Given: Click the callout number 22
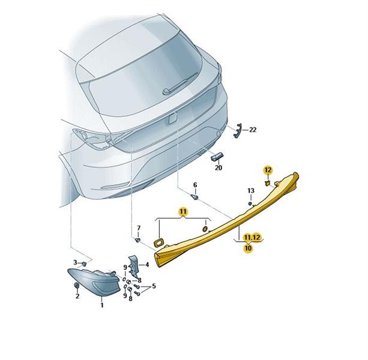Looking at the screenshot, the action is click(253, 130).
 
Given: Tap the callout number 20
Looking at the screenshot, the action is click(219, 167).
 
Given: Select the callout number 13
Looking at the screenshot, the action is click(251, 191).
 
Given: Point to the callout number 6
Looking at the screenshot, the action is click(195, 185).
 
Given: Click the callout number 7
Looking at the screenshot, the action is click(139, 228).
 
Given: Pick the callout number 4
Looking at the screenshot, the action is click(147, 265).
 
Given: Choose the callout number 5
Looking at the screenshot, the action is click(154, 286).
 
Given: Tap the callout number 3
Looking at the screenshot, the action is click(75, 262).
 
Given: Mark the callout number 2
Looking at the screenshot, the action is click(77, 296).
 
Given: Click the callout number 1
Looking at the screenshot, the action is click(102, 305).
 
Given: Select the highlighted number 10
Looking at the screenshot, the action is click(248, 248).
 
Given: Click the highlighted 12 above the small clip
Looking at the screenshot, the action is click(268, 170).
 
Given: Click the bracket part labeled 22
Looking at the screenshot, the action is click(237, 131).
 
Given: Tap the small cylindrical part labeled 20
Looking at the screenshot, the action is click(217, 157).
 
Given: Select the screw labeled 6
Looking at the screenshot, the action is click(195, 197).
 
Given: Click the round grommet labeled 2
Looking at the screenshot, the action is click(76, 286).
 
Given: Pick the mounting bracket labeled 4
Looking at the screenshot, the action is click(133, 266).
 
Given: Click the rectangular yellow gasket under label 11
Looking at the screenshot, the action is click(158, 242).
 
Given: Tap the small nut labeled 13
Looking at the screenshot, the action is click(250, 203).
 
